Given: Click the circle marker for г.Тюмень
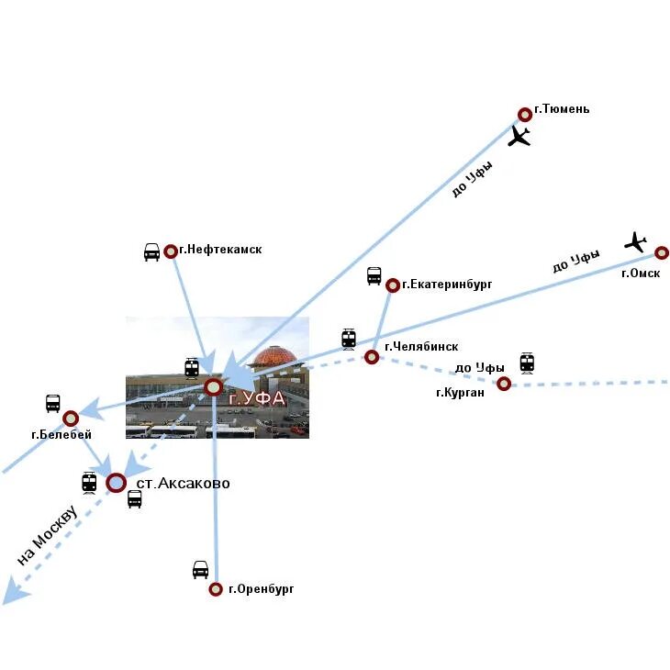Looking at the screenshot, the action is click(525, 115).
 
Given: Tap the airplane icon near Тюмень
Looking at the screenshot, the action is click(519, 137).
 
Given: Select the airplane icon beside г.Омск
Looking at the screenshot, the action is click(635, 242).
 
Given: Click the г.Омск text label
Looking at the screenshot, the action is click(641, 274).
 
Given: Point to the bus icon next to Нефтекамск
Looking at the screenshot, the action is click(151, 251).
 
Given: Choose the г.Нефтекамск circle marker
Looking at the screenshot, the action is click(171, 251).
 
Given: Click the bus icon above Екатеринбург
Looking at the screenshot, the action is click(374, 275).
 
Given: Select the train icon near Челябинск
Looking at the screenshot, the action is click(349, 339).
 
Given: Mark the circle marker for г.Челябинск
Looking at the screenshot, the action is click(372, 357).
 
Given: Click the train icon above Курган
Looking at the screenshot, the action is click(527, 363).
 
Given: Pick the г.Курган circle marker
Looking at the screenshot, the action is click(504, 384).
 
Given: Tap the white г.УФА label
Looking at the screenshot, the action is click(257, 399).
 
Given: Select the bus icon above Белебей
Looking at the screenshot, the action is click(53, 403).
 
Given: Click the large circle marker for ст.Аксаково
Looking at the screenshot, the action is click(116, 483).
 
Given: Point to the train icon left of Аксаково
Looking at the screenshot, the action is click(89, 482).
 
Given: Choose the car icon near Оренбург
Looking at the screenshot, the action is click(200, 569).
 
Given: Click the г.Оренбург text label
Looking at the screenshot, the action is click(262, 589).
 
